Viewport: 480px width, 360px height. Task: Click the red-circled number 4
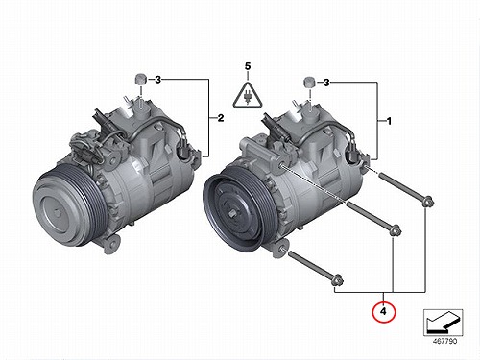pyautogui.click(x=384, y=311)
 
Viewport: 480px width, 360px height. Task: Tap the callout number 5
pyautogui.click(x=248, y=66)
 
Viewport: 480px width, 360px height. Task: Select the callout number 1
pyautogui.click(x=389, y=122)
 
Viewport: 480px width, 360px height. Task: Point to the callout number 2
pyautogui.click(x=221, y=118)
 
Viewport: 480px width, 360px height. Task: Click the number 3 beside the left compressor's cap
pyautogui.click(x=157, y=80)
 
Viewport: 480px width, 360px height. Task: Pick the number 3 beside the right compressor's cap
pyautogui.click(x=326, y=83)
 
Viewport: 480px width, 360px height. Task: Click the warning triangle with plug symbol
pyautogui.click(x=248, y=95)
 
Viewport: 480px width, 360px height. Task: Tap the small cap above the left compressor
pyautogui.click(x=140, y=79)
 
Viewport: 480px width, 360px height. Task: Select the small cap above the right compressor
pyautogui.click(x=309, y=83)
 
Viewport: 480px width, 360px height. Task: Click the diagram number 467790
pyautogui.click(x=445, y=341)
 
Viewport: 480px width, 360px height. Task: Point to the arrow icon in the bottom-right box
pyautogui.click(x=443, y=322)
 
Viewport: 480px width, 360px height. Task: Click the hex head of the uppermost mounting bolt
pyautogui.click(x=427, y=202)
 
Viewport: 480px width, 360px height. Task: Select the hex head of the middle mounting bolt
pyautogui.click(x=396, y=230)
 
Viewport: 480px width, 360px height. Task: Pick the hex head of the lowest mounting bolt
pyautogui.click(x=338, y=280)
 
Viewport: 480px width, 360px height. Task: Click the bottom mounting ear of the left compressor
pyautogui.click(x=112, y=244)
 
